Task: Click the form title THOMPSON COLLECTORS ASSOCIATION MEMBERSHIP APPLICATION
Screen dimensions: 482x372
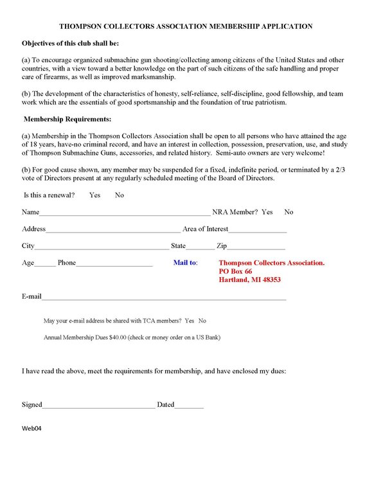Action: click(x=186, y=27)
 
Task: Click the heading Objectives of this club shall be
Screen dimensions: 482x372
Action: click(x=70, y=43)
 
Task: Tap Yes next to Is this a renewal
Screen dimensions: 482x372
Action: click(x=94, y=195)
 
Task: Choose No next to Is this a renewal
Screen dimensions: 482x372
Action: click(x=120, y=195)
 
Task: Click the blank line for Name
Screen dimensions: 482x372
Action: click(x=125, y=213)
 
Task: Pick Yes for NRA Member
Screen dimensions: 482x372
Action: click(x=267, y=212)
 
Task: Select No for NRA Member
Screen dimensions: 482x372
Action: click(x=288, y=212)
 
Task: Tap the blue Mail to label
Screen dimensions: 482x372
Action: click(x=186, y=263)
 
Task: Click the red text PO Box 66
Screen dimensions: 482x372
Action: click(x=235, y=272)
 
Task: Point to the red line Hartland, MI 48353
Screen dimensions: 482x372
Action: click(x=249, y=280)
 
